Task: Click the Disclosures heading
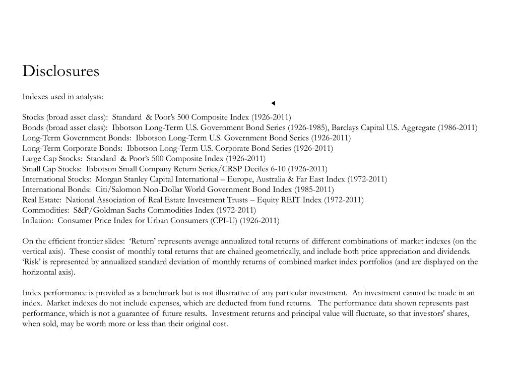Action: tap(60, 72)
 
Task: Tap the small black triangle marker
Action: tap(273, 103)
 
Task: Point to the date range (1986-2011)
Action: tap(457, 127)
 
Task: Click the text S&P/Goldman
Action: tap(96, 210)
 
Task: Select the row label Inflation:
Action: tap(38, 220)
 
